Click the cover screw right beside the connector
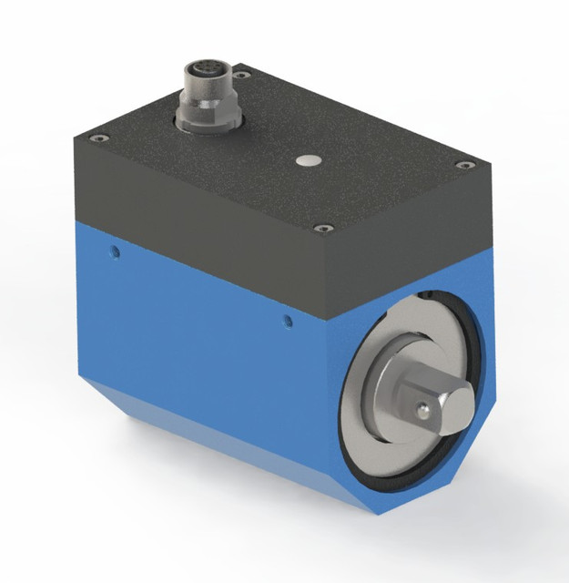(242, 77)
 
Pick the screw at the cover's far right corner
(465, 165)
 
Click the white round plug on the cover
(309, 161)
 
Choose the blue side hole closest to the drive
(288, 320)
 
